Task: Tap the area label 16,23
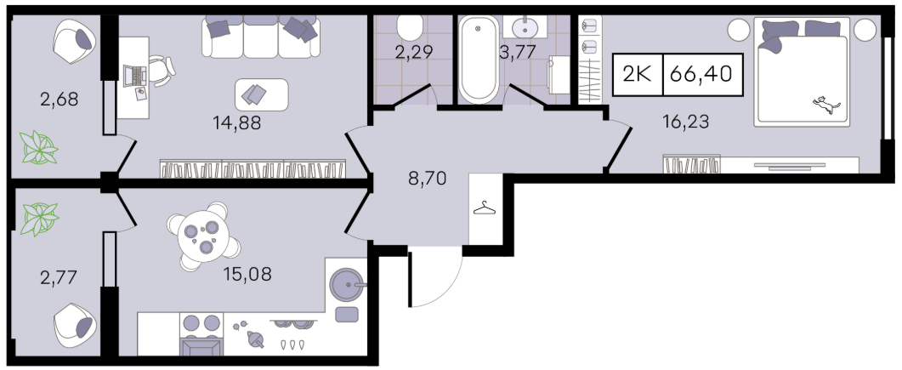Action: point(685,122)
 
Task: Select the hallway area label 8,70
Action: point(427,179)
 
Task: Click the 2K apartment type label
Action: point(638,74)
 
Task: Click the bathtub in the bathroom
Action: point(479,60)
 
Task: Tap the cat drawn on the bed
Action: point(826,105)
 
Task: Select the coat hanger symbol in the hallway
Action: point(485,208)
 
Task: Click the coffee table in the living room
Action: point(262,95)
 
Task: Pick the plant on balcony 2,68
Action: point(39,147)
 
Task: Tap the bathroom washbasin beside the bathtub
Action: point(524,26)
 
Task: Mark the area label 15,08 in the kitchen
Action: point(247,274)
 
